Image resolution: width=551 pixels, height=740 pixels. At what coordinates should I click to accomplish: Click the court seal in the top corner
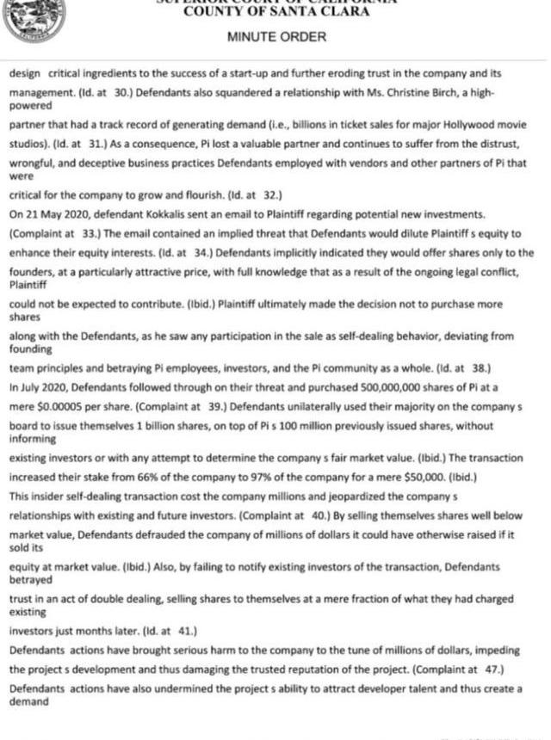[33, 19]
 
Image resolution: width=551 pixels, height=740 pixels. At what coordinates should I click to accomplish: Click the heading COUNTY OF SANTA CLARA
[276, 12]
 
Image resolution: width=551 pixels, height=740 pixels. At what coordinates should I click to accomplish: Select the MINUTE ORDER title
[276, 37]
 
